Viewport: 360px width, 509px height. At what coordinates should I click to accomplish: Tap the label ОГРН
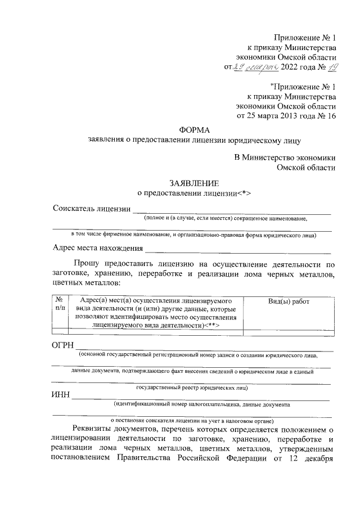62,344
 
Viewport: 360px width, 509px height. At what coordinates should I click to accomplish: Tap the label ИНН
61,394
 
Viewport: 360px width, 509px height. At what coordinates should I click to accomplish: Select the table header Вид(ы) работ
289,301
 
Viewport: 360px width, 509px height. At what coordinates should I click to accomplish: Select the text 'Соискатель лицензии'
90,209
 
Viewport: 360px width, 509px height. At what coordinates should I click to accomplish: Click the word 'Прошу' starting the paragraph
86,263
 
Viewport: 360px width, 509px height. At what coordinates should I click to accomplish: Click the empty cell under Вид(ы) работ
289,332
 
